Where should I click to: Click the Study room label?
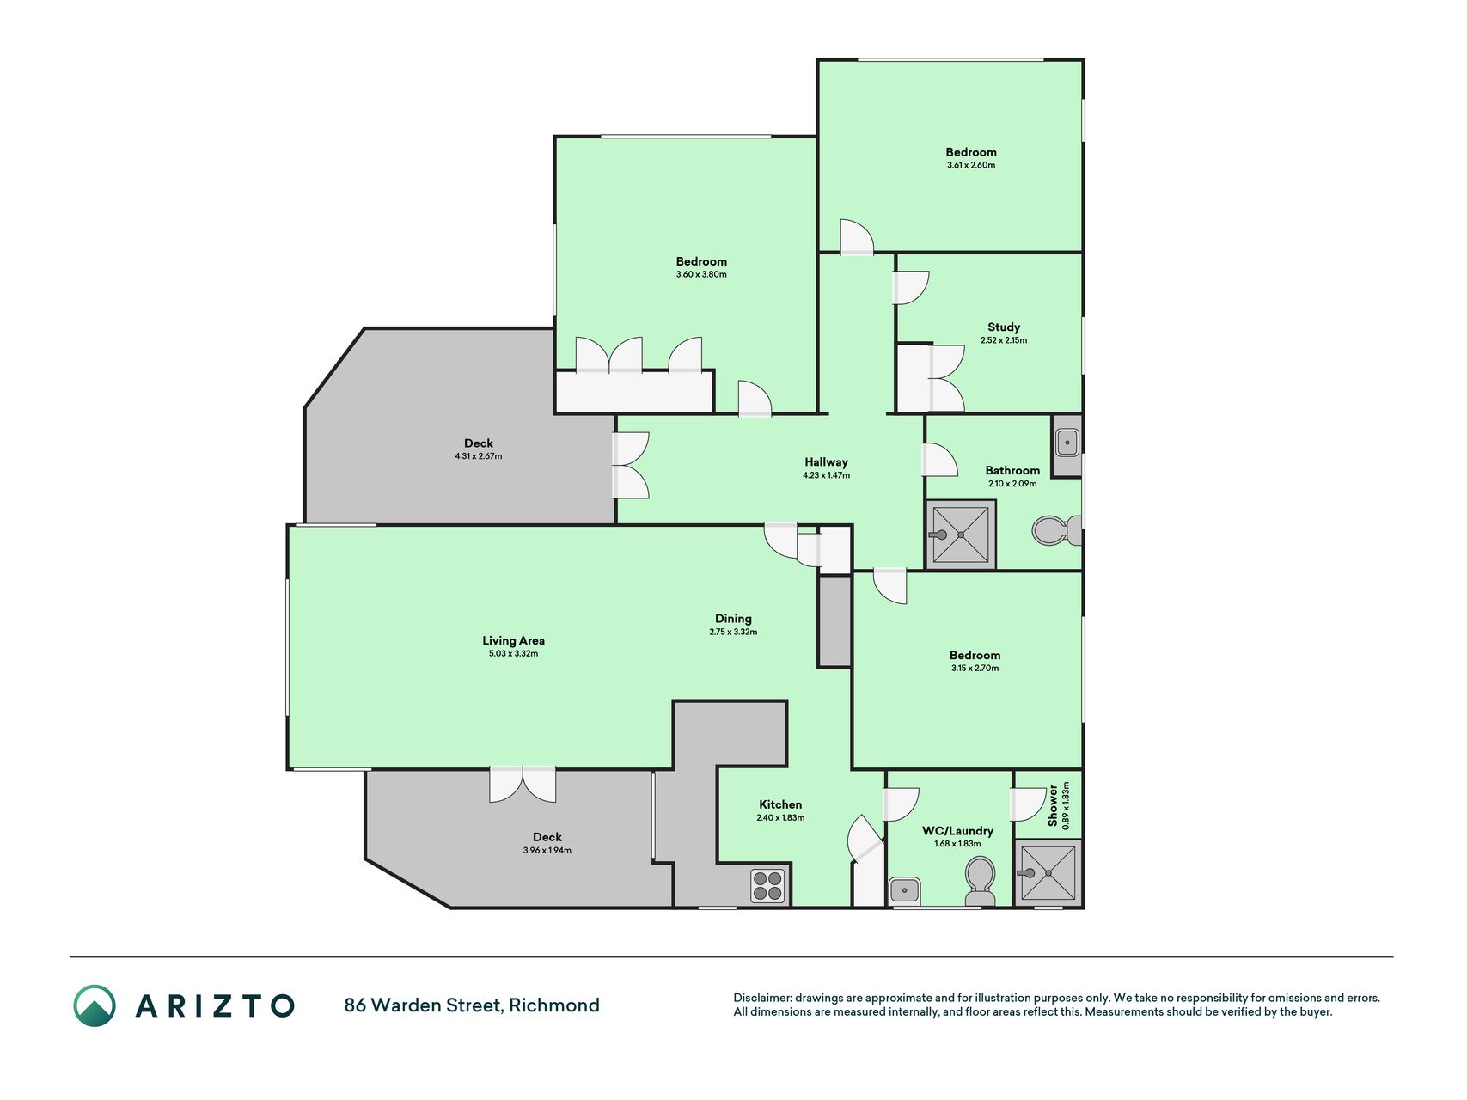(x=1004, y=327)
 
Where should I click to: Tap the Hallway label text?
(x=826, y=462)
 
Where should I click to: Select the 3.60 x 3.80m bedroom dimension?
(x=701, y=275)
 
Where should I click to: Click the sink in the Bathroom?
(x=1067, y=443)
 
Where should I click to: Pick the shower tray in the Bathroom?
(x=961, y=535)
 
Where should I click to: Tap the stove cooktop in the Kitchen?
(x=768, y=886)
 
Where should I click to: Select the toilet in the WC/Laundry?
(x=980, y=880)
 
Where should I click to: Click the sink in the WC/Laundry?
(x=904, y=890)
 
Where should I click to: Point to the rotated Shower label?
(x=1053, y=804)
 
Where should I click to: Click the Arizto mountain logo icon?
(x=95, y=1005)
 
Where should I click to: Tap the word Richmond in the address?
(x=554, y=1005)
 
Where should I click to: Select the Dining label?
(x=733, y=619)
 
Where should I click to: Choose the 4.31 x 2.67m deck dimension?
(x=479, y=456)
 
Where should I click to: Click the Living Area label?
(x=513, y=640)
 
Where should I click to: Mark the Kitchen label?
(x=780, y=805)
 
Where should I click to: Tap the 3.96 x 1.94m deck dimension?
(x=547, y=851)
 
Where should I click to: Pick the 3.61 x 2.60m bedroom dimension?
(x=971, y=165)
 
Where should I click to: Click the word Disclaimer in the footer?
(x=761, y=998)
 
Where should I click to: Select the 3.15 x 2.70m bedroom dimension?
(x=975, y=669)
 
